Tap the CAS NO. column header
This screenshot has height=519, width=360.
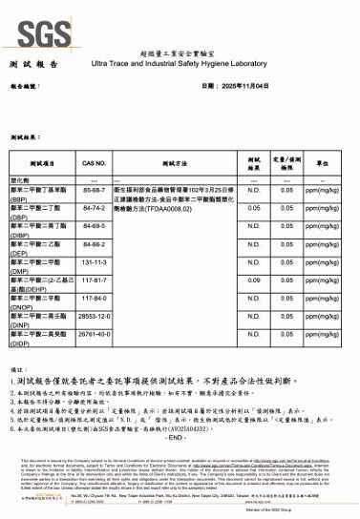click(x=94, y=164)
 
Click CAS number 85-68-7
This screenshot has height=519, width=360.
click(x=94, y=192)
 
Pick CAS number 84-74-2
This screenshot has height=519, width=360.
click(x=94, y=208)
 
